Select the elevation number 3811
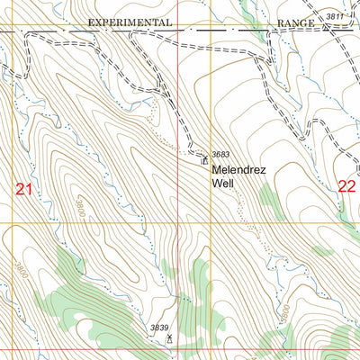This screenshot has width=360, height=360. click(336, 16)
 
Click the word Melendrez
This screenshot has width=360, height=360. click(239, 168)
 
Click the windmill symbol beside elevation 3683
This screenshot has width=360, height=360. click(204, 157)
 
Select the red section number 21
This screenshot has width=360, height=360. click(24, 188)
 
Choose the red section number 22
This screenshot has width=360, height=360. click(347, 186)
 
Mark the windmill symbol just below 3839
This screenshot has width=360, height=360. click(169, 338)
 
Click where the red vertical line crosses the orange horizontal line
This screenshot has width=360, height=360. click(177, 222)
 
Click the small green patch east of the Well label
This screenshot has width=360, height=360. click(268, 199)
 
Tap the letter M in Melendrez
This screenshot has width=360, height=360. click(217, 168)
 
